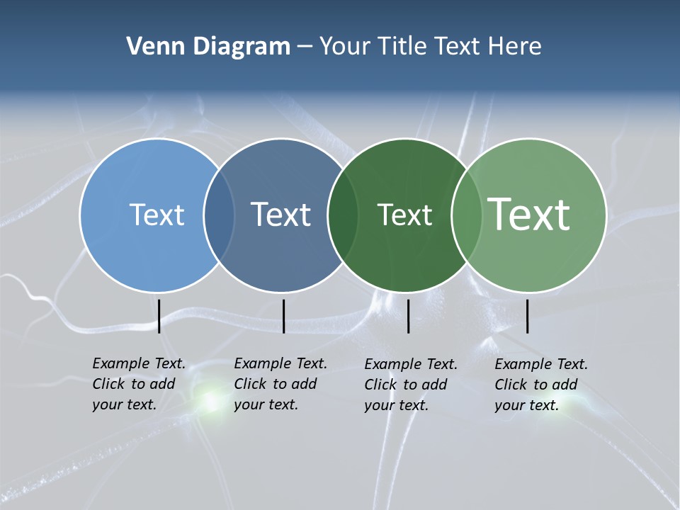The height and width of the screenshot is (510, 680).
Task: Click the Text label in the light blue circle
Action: (157, 215)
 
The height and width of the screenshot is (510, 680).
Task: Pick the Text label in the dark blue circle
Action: (281, 215)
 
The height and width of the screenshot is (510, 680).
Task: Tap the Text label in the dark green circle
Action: (404, 215)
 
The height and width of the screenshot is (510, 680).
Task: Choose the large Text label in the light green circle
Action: (529, 215)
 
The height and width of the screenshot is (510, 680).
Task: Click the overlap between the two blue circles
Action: (220, 215)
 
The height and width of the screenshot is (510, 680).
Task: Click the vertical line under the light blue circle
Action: (159, 316)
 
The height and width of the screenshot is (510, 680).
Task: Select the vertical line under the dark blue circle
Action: (283, 316)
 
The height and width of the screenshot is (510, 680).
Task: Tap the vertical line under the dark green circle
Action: (408, 316)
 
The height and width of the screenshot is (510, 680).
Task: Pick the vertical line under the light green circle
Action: (527, 316)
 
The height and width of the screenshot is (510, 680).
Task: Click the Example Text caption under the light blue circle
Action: (138, 384)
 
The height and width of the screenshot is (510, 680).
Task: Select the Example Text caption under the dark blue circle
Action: (280, 384)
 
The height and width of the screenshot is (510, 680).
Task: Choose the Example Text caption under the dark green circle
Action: (410, 385)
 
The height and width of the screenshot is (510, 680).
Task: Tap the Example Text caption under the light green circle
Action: (540, 385)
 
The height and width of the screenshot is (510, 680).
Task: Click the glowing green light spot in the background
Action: (210, 402)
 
